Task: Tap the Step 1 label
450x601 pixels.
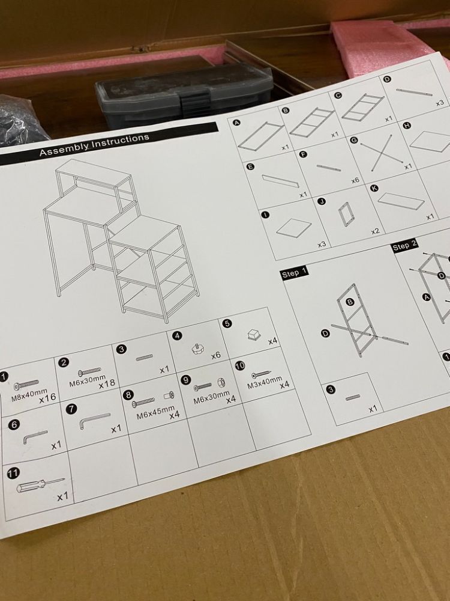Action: click(294, 273)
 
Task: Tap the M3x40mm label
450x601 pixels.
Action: click(265, 380)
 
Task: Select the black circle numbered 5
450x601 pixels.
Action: click(227, 324)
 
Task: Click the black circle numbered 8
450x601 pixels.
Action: click(128, 395)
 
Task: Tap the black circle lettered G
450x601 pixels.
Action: click(355, 140)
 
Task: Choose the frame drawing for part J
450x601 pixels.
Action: click(345, 215)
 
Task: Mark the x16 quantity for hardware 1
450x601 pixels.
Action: click(47, 398)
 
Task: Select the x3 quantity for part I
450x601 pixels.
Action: click(322, 245)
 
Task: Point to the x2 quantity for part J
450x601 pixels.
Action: click(376, 231)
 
